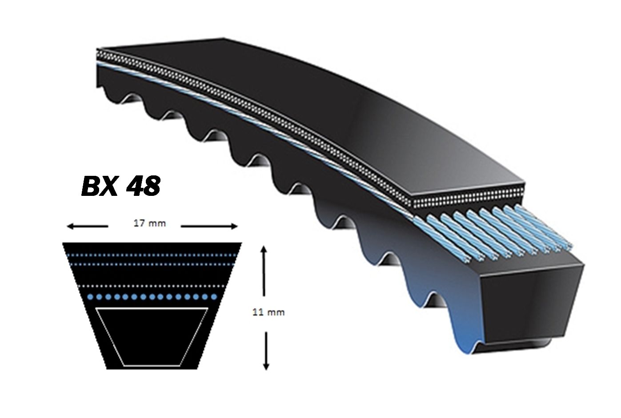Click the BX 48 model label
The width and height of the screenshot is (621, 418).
pos(121,186)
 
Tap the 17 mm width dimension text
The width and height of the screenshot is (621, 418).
pos(150,223)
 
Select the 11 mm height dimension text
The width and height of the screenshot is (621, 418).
pos(268,312)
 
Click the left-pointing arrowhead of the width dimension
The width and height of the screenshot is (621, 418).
pos(70,227)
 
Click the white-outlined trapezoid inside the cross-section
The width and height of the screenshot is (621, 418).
pos(152,337)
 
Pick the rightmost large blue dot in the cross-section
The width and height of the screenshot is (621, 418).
pos(214,297)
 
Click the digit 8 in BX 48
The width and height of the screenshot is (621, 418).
pos(152,186)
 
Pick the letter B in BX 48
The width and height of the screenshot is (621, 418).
pos(91,186)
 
